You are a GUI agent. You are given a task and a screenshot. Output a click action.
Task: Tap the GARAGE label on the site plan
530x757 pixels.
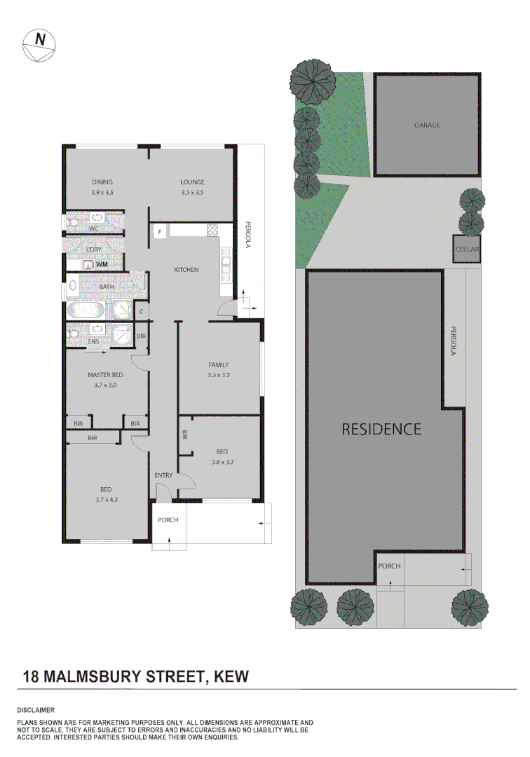coord(426,125)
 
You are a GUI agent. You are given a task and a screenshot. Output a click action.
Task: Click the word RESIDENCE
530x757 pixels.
coord(381,429)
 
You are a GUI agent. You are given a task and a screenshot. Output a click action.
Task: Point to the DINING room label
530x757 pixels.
coord(102,182)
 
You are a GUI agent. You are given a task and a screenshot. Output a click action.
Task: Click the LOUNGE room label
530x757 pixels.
coord(191,182)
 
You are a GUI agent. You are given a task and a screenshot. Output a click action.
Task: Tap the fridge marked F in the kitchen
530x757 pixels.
coord(160,231)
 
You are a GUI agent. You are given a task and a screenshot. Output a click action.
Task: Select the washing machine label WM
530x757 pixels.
coord(102,264)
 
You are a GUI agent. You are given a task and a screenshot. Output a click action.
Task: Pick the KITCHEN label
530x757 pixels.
coord(186,270)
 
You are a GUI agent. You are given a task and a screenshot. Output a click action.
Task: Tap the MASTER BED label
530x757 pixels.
coord(105,375)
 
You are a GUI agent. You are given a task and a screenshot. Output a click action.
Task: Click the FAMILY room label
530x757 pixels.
coord(219,364)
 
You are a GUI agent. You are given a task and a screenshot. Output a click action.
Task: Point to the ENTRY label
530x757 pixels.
coord(163,476)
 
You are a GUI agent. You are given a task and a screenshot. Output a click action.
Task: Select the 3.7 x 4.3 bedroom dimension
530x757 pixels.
coord(106,499)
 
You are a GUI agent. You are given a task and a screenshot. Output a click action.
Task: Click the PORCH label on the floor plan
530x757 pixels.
coord(168,520)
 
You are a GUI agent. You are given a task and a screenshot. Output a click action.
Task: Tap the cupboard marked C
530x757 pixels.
coord(141,311)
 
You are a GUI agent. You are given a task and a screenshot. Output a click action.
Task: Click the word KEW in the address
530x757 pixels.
coord(231,676)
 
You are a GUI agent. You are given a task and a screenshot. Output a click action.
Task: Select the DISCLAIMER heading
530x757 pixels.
coord(36,711)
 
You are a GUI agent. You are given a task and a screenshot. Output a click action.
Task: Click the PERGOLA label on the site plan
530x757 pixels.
coord(454,341)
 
